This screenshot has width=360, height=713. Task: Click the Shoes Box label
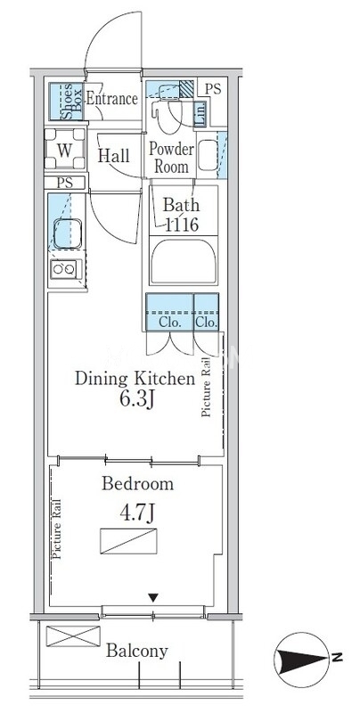tap(72, 102)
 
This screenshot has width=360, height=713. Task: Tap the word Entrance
tap(111, 99)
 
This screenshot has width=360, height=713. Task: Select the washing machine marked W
tap(64, 149)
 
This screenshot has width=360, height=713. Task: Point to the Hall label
tap(114, 156)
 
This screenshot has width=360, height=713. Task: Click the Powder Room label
tap(171, 158)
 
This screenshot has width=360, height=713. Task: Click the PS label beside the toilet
tap(212, 88)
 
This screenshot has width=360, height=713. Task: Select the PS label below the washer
tap(65, 183)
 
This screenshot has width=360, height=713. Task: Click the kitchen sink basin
tap(67, 234)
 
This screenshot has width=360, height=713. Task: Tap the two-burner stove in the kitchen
tap(64, 270)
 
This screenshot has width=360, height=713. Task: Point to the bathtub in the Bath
tap(184, 261)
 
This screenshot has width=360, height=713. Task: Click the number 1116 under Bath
tap(182, 225)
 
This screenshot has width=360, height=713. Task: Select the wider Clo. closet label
tap(170, 323)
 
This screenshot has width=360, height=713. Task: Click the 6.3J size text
tap(135, 400)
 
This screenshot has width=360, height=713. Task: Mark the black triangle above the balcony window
tap(153, 597)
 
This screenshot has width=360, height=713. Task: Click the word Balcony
tap(137, 652)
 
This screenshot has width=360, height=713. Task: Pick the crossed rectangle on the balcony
tap(73, 635)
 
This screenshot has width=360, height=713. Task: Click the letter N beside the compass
tap(337, 657)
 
